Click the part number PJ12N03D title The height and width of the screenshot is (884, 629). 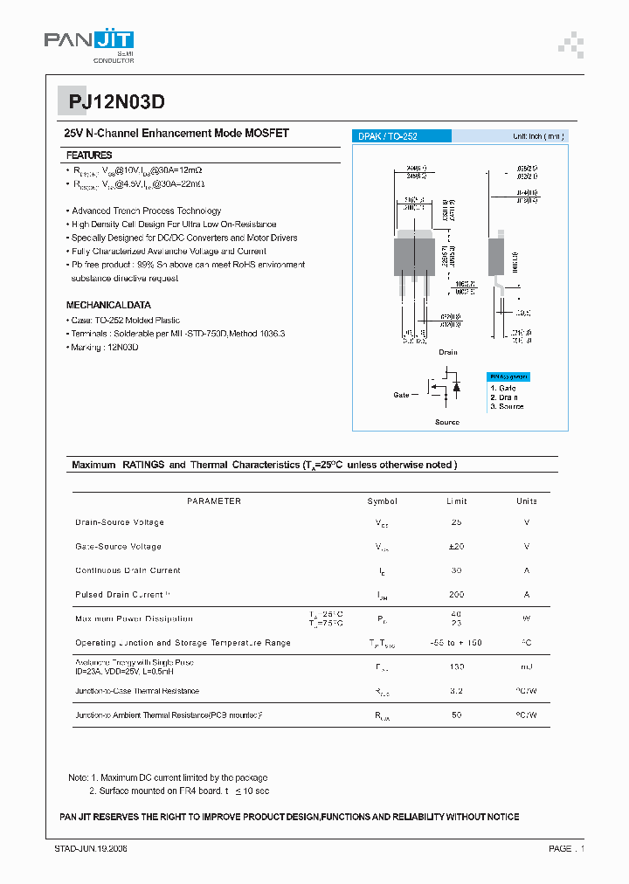(x=116, y=101)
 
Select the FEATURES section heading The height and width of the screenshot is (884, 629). (x=89, y=155)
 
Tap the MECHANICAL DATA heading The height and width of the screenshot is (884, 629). (x=108, y=305)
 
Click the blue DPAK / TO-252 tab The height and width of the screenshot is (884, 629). (x=401, y=136)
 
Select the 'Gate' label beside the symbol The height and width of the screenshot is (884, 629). (x=401, y=395)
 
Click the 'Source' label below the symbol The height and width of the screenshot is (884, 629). (x=447, y=422)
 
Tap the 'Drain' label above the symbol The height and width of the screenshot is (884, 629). (x=447, y=352)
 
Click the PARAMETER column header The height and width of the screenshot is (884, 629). (x=214, y=501)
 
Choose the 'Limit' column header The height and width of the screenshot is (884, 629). (x=456, y=501)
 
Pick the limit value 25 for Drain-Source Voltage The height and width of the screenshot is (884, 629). (x=456, y=522)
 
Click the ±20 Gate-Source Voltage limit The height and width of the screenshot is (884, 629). (x=456, y=547)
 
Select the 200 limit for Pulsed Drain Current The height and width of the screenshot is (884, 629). (x=456, y=595)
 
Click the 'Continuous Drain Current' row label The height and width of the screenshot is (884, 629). (x=128, y=570)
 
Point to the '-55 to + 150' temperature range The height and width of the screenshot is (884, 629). (x=456, y=643)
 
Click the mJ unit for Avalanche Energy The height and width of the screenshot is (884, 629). (x=526, y=667)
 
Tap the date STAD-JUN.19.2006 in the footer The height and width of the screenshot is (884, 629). (x=91, y=848)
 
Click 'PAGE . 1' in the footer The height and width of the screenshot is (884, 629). (x=566, y=848)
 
